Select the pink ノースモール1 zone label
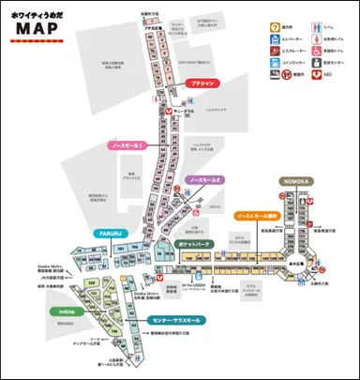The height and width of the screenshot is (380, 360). click(119, 146)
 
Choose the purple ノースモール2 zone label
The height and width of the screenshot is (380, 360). click(204, 179)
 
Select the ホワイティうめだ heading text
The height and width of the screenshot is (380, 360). click(40, 12)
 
